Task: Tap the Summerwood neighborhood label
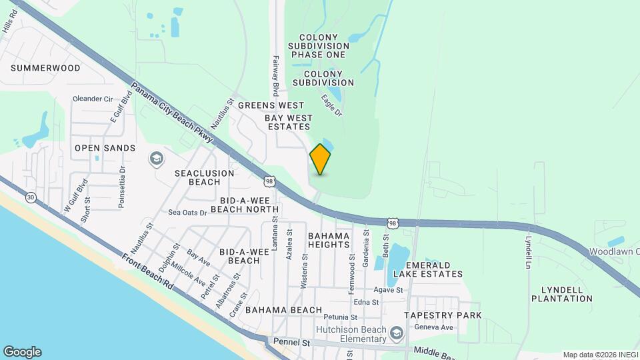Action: [x=45, y=68]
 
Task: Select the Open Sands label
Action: [x=105, y=148]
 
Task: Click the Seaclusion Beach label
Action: [x=204, y=177]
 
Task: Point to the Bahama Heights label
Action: [x=329, y=241]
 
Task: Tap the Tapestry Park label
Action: [x=443, y=315]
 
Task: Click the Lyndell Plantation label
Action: [x=561, y=294]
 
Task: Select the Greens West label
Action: [x=271, y=105]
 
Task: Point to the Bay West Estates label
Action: [x=288, y=122]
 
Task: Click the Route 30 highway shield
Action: [x=31, y=197]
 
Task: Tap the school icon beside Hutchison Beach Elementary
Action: [x=397, y=333]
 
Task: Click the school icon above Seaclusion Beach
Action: [x=157, y=159]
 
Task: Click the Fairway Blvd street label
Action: [x=275, y=75]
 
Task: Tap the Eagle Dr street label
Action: [x=331, y=106]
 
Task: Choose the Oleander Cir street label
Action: [x=93, y=99]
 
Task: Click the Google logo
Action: [x=22, y=352]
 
